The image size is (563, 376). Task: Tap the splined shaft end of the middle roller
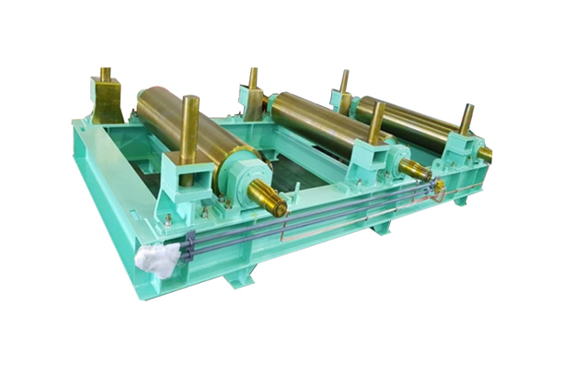[x=417, y=170]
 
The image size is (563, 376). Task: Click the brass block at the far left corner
[x=106, y=100]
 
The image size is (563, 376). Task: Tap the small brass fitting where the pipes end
[x=441, y=187]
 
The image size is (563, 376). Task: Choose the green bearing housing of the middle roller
[x=393, y=157]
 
